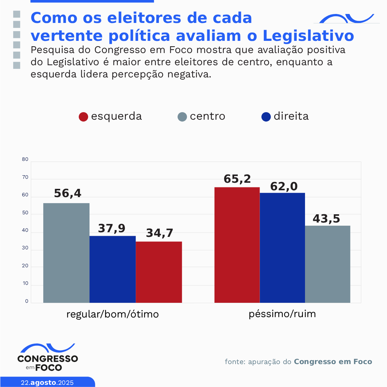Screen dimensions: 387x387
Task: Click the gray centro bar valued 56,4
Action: click(x=66, y=253)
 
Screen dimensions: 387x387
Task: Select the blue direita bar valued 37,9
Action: click(x=112, y=269)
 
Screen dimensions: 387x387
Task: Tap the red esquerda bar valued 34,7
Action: click(x=159, y=272)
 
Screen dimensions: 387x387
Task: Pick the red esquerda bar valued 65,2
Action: click(x=237, y=245)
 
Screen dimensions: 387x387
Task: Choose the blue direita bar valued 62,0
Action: click(x=282, y=248)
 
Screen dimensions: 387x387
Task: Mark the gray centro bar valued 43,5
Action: click(x=328, y=264)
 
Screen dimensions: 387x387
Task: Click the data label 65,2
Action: click(x=237, y=179)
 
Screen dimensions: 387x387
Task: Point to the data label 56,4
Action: click(x=68, y=193)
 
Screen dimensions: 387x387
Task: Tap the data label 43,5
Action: click(x=326, y=219)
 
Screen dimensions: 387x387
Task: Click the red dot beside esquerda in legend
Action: click(x=83, y=117)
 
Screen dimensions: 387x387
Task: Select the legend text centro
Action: click(x=208, y=116)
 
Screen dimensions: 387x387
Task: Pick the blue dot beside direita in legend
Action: click(x=266, y=117)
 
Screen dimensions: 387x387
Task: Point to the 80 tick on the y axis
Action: click(x=25, y=160)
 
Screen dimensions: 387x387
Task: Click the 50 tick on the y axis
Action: click(x=25, y=213)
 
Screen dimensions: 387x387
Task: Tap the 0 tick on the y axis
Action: click(x=26, y=301)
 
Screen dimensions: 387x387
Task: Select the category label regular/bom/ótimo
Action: click(x=112, y=314)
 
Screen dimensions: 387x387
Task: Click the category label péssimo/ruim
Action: click(x=282, y=314)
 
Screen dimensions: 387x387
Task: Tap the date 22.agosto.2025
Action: click(x=47, y=382)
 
